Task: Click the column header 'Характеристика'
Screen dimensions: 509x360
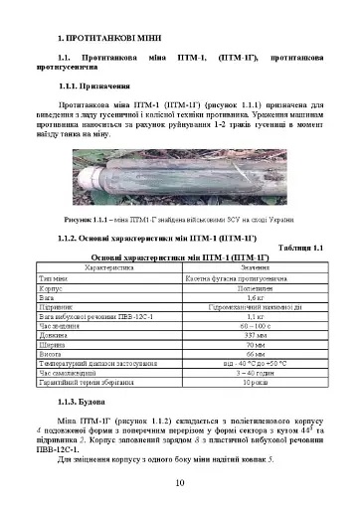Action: [107, 267]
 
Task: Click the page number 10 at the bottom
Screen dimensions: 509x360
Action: [179, 484]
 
